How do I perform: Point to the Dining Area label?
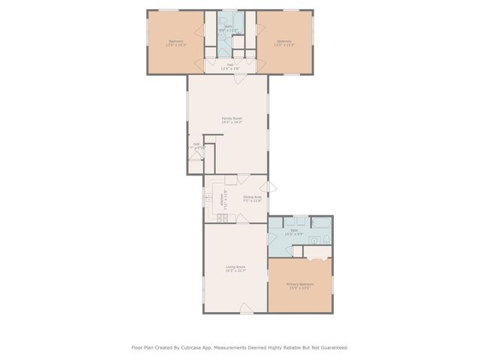(251, 199)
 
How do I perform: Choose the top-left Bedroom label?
(175, 43)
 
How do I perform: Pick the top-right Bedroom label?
(284, 43)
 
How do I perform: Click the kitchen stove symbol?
(222, 218)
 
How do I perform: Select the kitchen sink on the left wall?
(208, 199)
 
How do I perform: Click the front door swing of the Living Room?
(244, 307)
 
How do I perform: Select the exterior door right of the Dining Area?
(271, 187)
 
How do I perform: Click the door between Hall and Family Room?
(237, 78)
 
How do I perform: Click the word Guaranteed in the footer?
(331, 347)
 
